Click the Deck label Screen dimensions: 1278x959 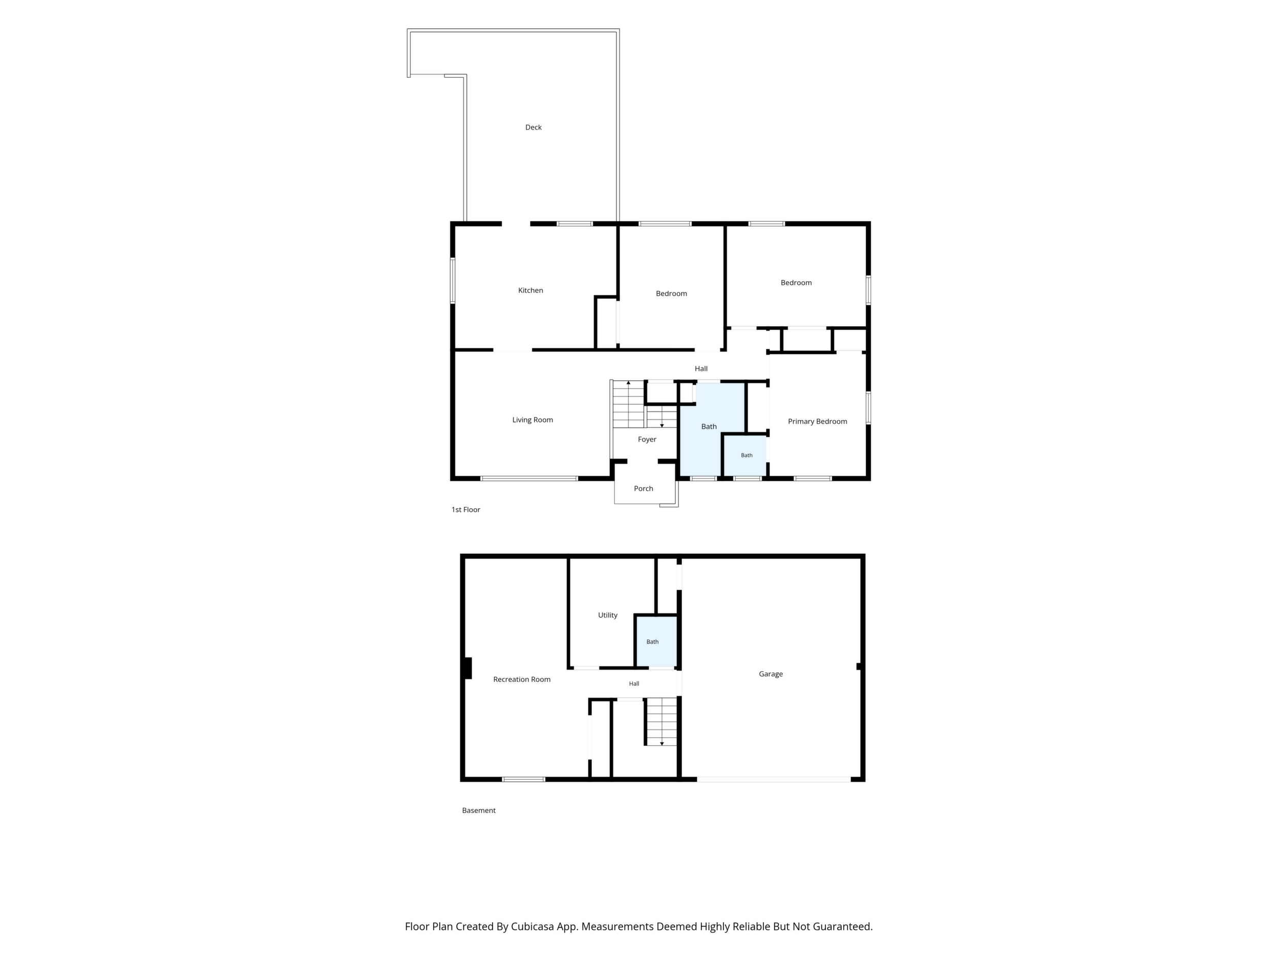[534, 127]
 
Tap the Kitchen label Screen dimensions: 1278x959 [530, 290]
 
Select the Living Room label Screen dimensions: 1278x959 [532, 420]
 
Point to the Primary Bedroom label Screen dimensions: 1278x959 [818, 422]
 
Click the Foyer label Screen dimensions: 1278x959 [647, 440]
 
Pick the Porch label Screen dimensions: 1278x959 [644, 488]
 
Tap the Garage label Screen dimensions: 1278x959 [771, 674]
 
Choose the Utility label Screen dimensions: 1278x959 [608, 615]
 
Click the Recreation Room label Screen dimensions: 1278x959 [522, 679]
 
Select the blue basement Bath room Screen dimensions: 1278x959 [656, 642]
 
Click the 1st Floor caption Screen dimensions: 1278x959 [465, 509]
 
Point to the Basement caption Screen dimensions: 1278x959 [479, 810]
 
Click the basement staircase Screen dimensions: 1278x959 [661, 722]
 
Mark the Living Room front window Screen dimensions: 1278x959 [529, 478]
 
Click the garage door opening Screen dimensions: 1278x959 [774, 780]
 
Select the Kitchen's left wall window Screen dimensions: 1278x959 [453, 280]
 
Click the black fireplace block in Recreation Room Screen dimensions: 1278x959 [468, 668]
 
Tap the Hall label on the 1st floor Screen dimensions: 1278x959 [701, 369]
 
